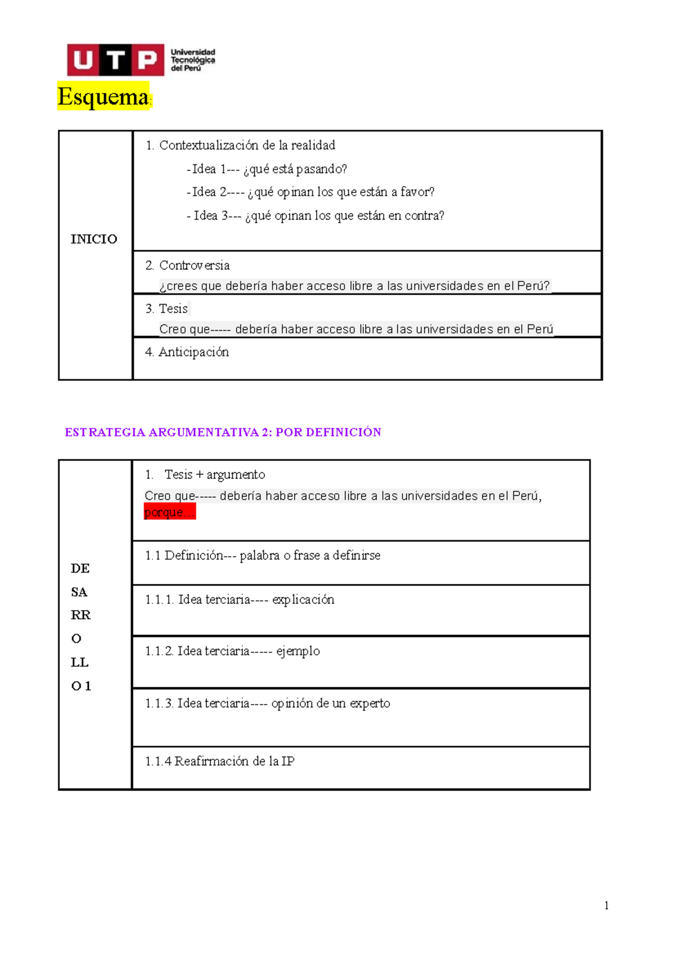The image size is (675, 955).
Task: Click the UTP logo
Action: [x=141, y=60]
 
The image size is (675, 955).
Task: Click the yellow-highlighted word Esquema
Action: [x=103, y=97]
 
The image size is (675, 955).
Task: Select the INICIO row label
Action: [x=94, y=239]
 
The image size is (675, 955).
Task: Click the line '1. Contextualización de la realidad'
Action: [x=240, y=145]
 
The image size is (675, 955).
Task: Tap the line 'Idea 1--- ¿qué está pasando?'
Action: [x=267, y=169]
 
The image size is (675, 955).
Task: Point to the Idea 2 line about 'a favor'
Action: [x=311, y=192]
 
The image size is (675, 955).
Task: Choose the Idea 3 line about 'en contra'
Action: [x=316, y=216]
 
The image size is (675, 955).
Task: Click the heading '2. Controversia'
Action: [x=187, y=265]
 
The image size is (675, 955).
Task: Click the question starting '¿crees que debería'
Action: [x=354, y=286]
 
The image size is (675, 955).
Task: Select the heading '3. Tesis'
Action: [x=166, y=309]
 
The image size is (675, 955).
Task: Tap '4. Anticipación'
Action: [x=187, y=352]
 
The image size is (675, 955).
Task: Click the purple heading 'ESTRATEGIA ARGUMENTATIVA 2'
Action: [x=223, y=433]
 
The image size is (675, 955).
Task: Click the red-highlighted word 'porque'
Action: [x=169, y=512]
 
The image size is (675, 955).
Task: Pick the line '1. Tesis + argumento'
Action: [x=205, y=475]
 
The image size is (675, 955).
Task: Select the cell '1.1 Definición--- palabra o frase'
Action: [x=263, y=556]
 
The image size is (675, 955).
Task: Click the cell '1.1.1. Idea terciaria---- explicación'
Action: [x=240, y=600]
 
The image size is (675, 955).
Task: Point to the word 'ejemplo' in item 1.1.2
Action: [x=298, y=651]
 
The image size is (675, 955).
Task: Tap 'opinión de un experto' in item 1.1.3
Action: [x=331, y=704]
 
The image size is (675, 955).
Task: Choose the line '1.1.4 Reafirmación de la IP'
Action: [x=220, y=762]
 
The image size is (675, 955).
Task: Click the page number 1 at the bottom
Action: [x=606, y=905]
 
